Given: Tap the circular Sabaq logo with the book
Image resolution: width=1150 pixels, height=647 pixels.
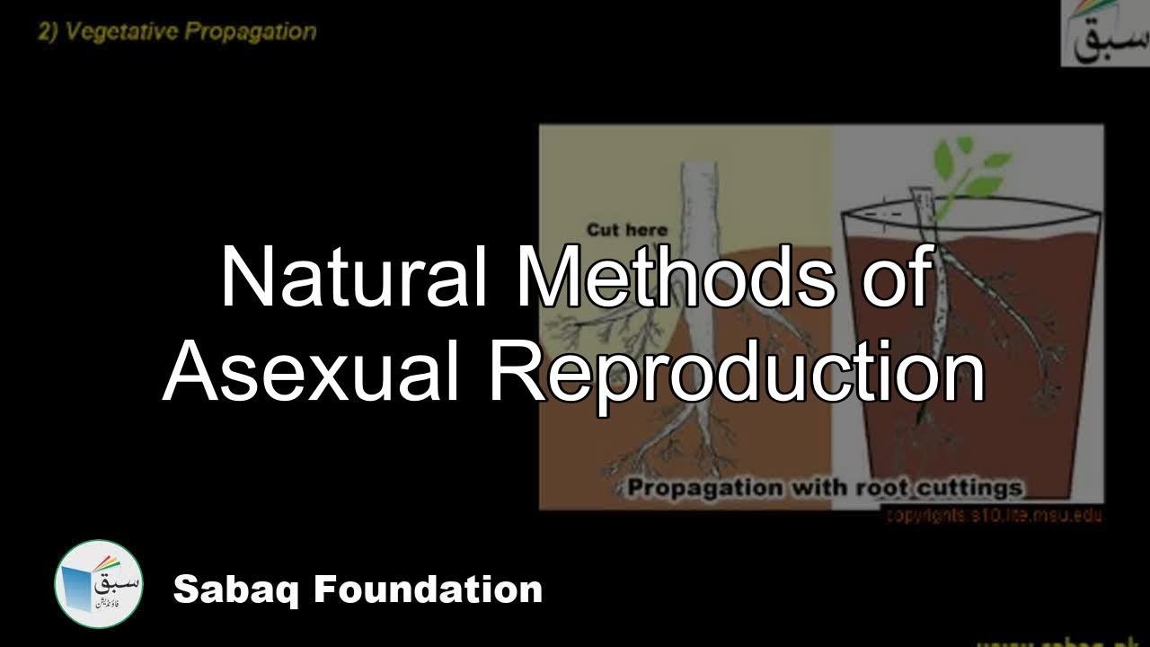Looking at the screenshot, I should [x=98, y=585].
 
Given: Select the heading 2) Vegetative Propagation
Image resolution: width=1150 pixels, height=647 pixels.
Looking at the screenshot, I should [x=177, y=32].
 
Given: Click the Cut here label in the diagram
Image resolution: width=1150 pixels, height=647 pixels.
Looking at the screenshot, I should [x=627, y=231].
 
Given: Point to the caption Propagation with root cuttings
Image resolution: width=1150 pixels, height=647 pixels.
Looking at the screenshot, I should [x=825, y=489].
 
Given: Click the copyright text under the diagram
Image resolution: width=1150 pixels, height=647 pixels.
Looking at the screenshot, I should [x=993, y=516].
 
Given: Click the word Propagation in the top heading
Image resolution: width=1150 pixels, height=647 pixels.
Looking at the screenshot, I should [x=252, y=32].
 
